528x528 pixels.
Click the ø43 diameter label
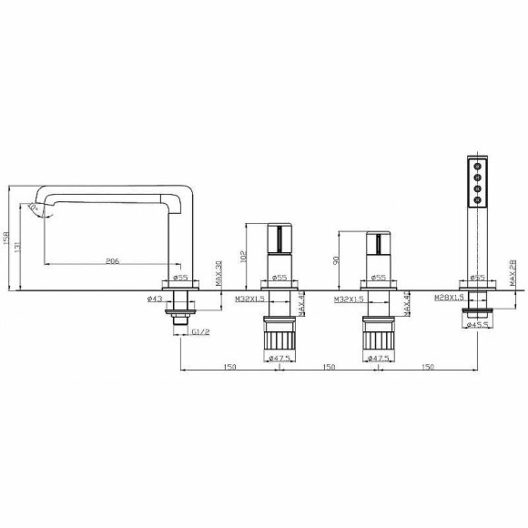point(153,299)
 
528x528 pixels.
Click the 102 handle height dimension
point(243,257)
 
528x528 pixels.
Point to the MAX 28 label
point(512,271)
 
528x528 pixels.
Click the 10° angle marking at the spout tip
point(35,208)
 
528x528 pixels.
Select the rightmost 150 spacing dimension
point(426,366)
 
